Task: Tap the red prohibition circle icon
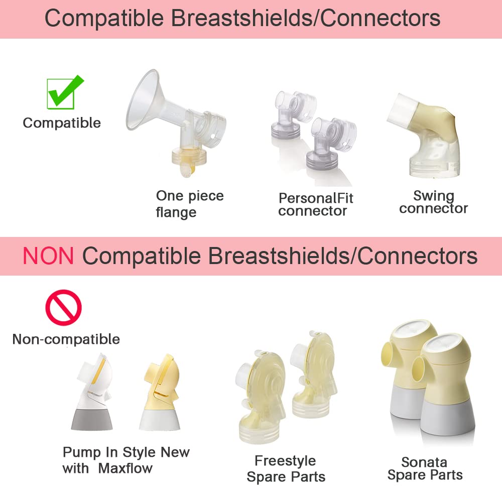[63, 308]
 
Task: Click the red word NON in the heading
[48, 256]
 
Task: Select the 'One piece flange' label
[190, 204]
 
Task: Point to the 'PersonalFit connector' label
[316, 205]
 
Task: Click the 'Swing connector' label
[434, 202]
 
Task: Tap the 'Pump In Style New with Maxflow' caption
[126, 460]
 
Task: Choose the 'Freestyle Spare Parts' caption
[286, 469]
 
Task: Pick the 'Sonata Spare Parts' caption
[425, 468]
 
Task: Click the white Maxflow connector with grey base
[92, 392]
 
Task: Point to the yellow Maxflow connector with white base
[160, 392]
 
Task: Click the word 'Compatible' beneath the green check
[62, 123]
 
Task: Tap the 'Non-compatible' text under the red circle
[66, 339]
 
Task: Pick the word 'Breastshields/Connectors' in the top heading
[306, 18]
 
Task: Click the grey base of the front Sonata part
[448, 419]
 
